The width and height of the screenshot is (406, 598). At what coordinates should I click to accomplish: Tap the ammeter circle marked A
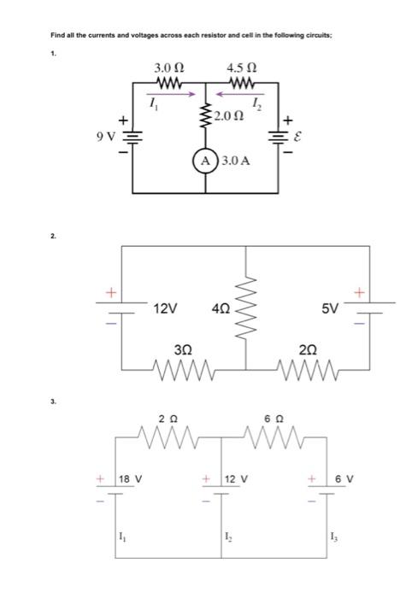(x=206, y=161)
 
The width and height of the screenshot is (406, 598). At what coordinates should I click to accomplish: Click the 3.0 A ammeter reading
(x=235, y=161)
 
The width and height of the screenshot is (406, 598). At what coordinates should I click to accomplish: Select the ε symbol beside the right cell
(x=297, y=135)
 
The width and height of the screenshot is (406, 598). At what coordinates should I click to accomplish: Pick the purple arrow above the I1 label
(x=179, y=95)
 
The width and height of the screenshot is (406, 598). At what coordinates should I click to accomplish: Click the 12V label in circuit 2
(x=164, y=308)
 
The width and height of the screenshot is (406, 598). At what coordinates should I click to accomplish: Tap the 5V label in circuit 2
(x=331, y=308)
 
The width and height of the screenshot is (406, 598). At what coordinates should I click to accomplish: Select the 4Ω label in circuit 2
(x=221, y=308)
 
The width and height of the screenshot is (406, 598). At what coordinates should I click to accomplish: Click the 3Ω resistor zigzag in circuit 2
(x=183, y=369)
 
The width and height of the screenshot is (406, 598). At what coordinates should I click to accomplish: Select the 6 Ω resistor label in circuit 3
(x=274, y=419)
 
